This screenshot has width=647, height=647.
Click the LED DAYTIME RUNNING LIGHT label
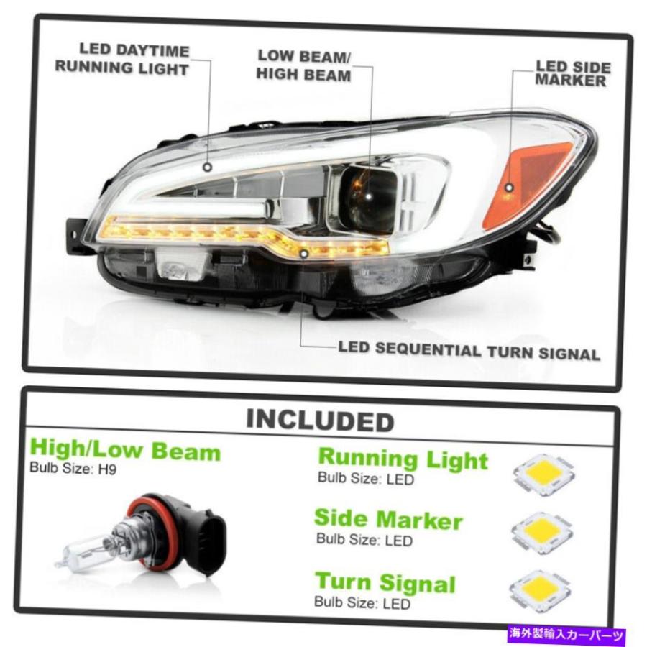pos(122,60)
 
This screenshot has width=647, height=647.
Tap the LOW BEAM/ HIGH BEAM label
pos(303,65)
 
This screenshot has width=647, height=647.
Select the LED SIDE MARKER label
pos(572,73)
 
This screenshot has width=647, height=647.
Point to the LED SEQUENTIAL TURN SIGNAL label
pos(469,351)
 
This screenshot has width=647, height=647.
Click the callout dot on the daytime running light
pos(208,167)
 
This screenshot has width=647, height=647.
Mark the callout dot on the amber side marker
pos(509,188)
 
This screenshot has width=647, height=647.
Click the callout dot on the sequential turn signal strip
pos(304,254)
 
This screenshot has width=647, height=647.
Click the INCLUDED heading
pos(320,421)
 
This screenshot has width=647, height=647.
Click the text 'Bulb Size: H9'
pos(73,468)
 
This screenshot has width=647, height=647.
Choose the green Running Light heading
pos(403,459)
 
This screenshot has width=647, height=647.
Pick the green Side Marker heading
pos(388,519)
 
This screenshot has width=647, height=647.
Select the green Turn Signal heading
pos(385,582)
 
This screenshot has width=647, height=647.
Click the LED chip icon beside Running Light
pos(544,475)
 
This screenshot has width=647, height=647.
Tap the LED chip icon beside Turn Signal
pos(540,590)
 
